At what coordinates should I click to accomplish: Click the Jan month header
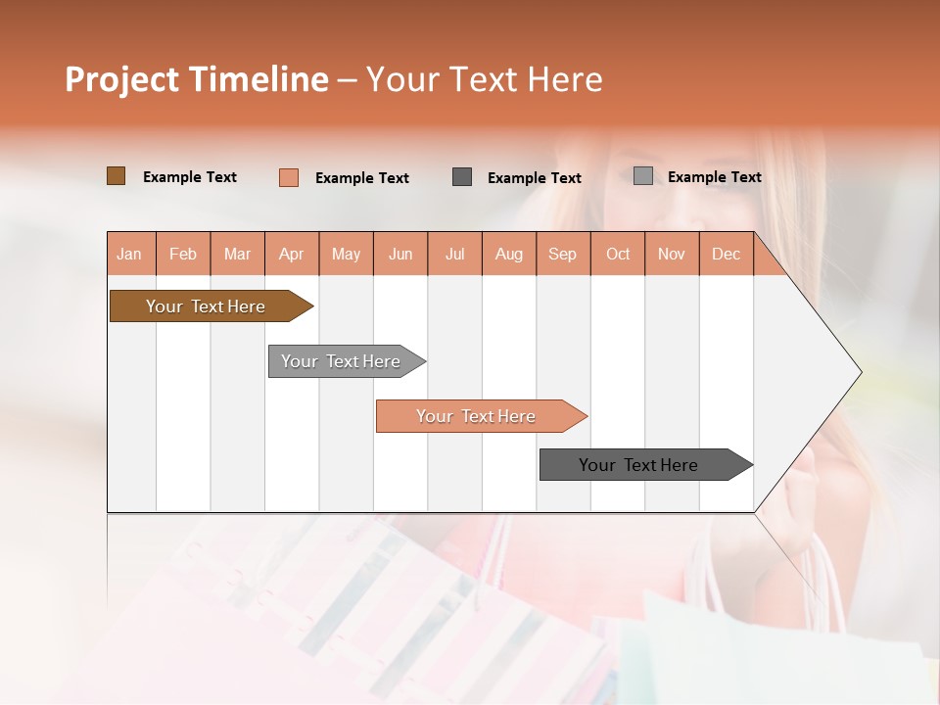[129, 254]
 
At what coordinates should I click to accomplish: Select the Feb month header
[183, 254]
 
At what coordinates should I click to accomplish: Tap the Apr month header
[291, 254]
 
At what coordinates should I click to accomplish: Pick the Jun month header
[400, 254]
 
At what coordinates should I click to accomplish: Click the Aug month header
[508, 254]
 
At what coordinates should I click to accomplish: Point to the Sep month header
[562, 254]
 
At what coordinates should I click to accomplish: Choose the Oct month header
[618, 254]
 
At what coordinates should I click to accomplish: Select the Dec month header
[726, 254]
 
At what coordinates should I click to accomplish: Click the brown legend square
[117, 176]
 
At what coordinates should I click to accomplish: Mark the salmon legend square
[289, 177]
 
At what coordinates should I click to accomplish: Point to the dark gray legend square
[462, 177]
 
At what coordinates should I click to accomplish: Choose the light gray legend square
[643, 176]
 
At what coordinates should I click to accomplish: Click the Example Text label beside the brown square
[190, 177]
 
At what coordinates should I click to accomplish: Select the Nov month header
[672, 254]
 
